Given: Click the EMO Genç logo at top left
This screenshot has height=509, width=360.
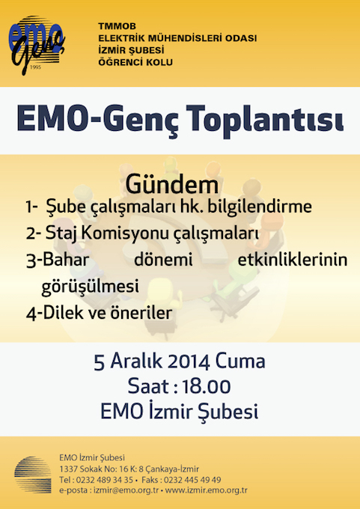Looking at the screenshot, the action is (37, 45).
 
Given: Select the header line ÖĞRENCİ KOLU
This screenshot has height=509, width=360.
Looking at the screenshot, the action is (135, 61).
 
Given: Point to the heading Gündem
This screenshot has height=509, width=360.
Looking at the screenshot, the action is (172, 184).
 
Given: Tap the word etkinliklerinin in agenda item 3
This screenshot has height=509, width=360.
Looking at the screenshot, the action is (293, 260).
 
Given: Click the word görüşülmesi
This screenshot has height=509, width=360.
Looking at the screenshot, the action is (91, 286).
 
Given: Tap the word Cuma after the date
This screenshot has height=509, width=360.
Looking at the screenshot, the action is (240, 362).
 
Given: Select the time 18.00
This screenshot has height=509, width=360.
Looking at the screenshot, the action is (207, 387).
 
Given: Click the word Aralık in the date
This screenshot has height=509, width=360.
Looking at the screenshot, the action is (136, 362).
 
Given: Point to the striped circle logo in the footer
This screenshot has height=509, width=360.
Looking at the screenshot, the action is (33, 475).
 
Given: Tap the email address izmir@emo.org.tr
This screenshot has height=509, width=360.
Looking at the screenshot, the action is (126, 490).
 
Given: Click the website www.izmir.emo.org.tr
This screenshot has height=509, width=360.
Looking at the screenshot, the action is (206, 490).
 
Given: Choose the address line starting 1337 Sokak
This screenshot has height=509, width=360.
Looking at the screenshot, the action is (129, 469).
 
